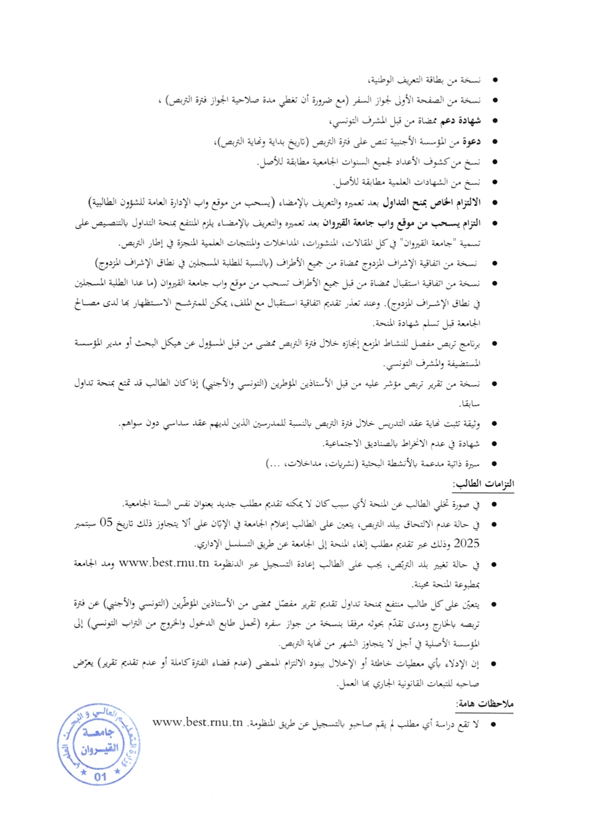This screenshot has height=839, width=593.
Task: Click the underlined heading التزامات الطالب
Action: pos(483,484)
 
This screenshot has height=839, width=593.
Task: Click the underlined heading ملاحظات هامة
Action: pos(484,704)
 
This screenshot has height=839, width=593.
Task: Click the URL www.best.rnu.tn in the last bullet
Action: pos(198,723)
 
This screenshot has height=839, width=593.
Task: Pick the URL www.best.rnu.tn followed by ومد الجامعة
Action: pos(164,563)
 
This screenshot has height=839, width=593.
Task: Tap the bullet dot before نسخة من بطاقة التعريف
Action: pos(494,80)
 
